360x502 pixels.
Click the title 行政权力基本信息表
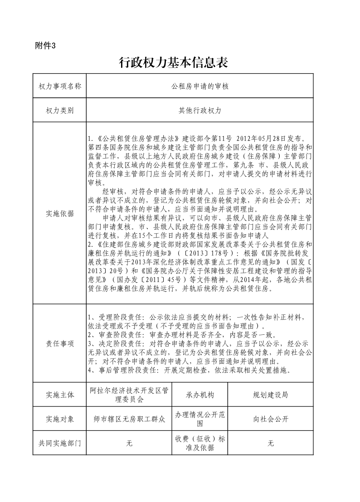[173, 63]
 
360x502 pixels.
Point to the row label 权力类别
[60, 110]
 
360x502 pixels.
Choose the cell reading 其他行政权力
[200, 110]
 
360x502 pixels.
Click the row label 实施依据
[60, 214]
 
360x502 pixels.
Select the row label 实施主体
[60, 395]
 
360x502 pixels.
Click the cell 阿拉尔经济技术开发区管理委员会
[129, 395]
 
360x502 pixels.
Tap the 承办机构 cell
[200, 395]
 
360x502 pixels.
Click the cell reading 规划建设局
[270, 395]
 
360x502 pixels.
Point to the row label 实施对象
[60, 419]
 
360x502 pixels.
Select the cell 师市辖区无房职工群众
[129, 419]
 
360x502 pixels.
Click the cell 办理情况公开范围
[200, 419]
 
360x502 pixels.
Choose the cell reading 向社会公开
[270, 419]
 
